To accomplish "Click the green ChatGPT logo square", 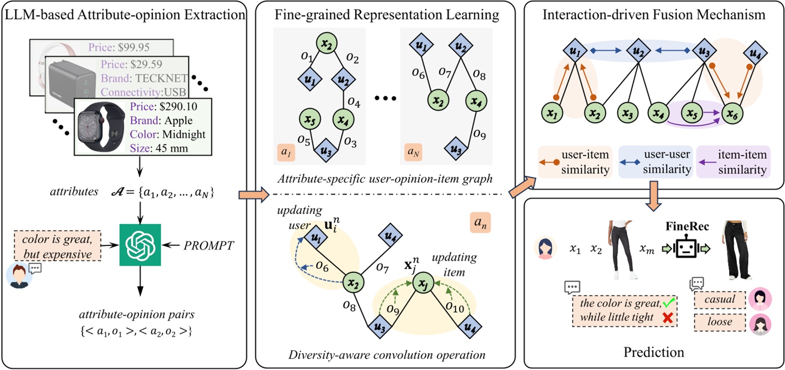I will click(x=140, y=245).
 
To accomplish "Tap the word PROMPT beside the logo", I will click(x=208, y=246).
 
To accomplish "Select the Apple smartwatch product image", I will click(x=101, y=127).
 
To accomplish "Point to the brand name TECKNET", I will click(x=161, y=78).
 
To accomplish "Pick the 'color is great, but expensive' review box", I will click(x=57, y=246).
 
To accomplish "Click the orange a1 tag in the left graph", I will click(x=286, y=152).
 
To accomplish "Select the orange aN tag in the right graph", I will click(x=413, y=152).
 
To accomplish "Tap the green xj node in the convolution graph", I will click(x=423, y=284).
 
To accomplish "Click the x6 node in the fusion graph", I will click(x=732, y=114).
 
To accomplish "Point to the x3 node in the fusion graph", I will click(x=628, y=114).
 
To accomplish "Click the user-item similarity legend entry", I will click(x=575, y=162).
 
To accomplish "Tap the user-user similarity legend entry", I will click(x=656, y=162).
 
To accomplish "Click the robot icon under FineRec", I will click(x=686, y=247).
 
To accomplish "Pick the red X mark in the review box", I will click(x=667, y=317).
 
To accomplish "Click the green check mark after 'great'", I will click(x=669, y=302).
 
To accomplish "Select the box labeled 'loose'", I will click(x=719, y=322).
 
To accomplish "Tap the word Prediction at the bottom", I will click(x=653, y=352).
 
